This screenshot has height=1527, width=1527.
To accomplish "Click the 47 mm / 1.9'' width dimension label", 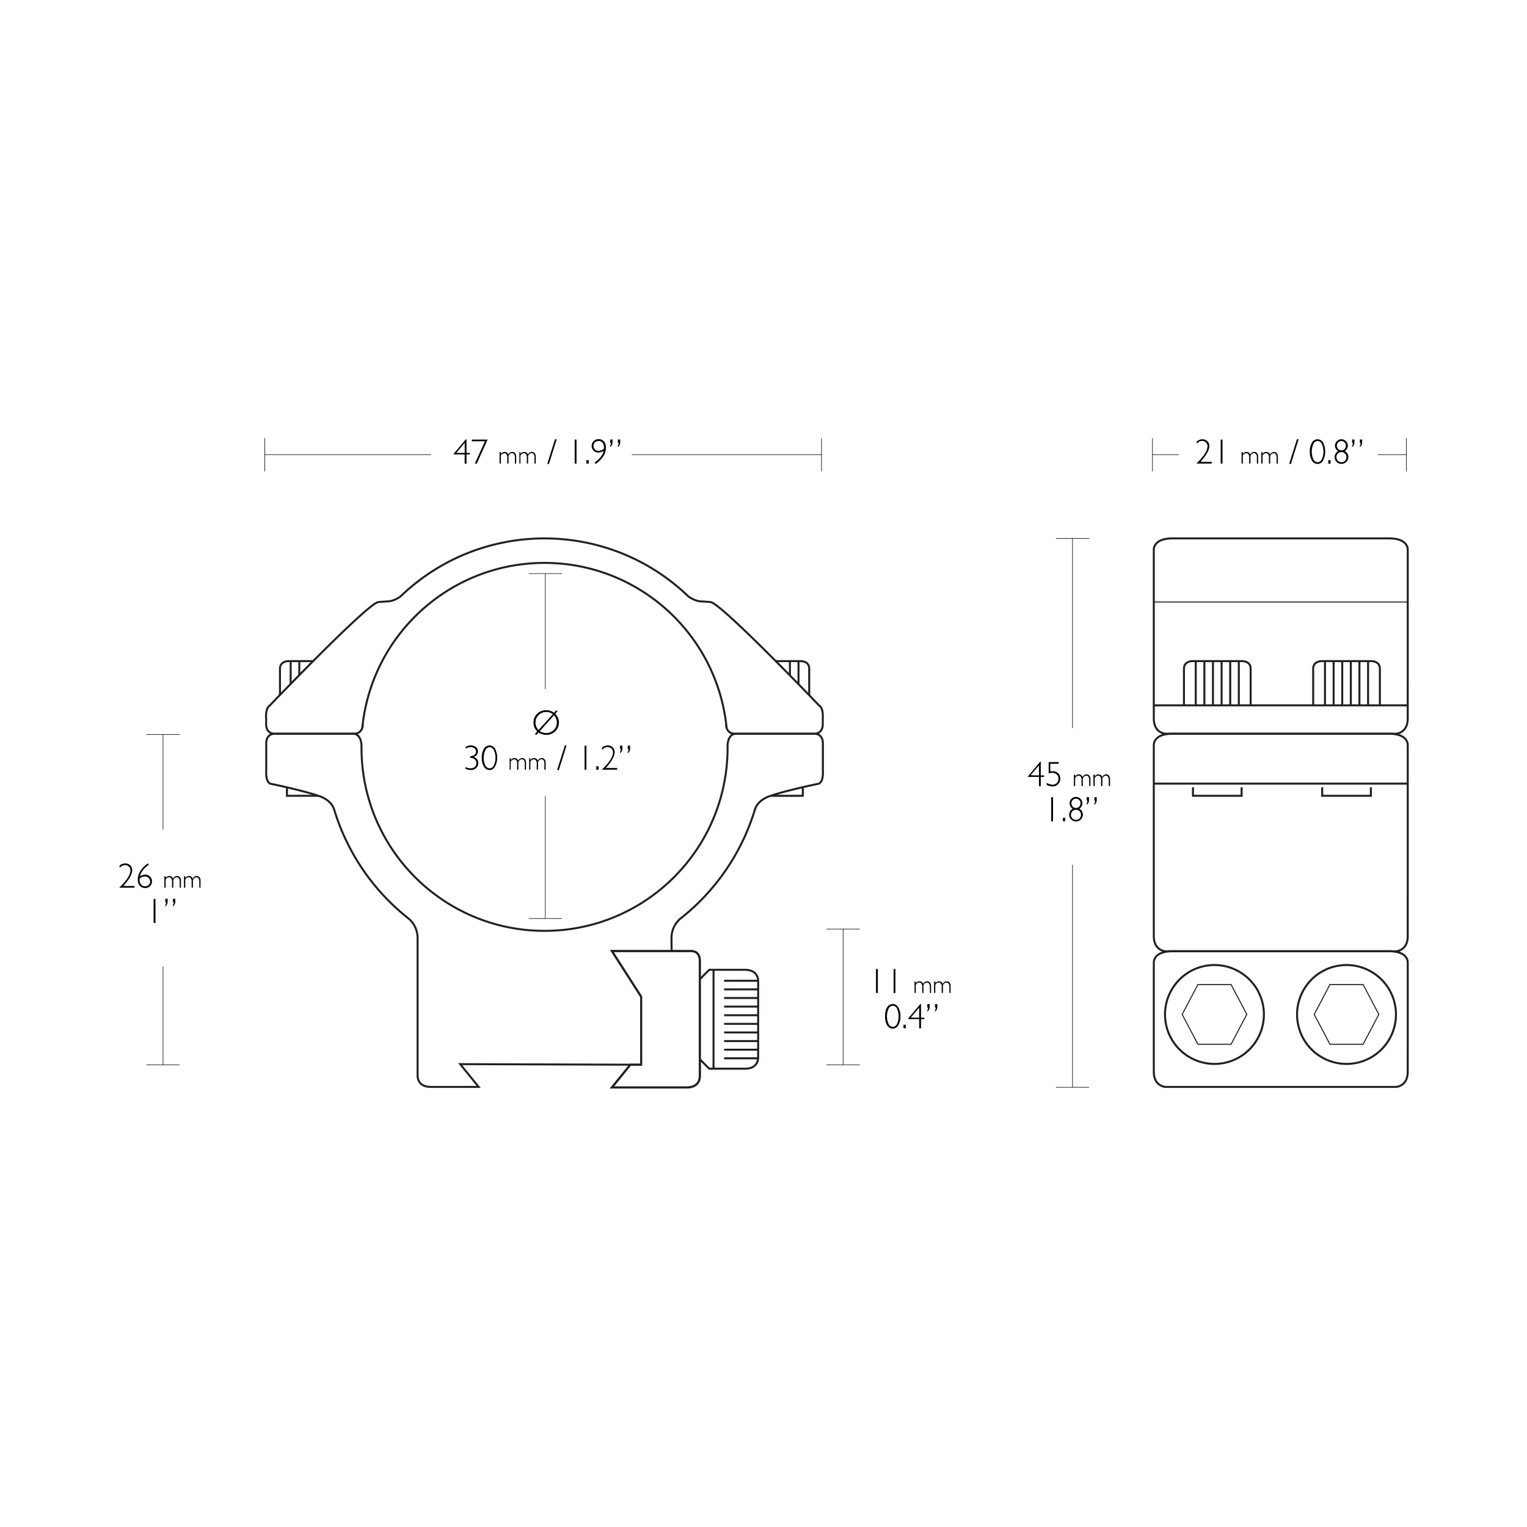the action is pyautogui.click(x=538, y=453).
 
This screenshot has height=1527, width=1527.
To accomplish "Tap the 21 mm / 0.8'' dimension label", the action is pyautogui.click(x=1280, y=453).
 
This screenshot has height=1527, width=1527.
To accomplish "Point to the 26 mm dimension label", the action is pyautogui.click(x=159, y=877).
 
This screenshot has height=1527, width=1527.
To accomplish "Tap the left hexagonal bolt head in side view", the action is pyautogui.click(x=1214, y=1014).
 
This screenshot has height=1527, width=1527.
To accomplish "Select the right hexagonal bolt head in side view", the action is pyautogui.click(x=1346, y=1014).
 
